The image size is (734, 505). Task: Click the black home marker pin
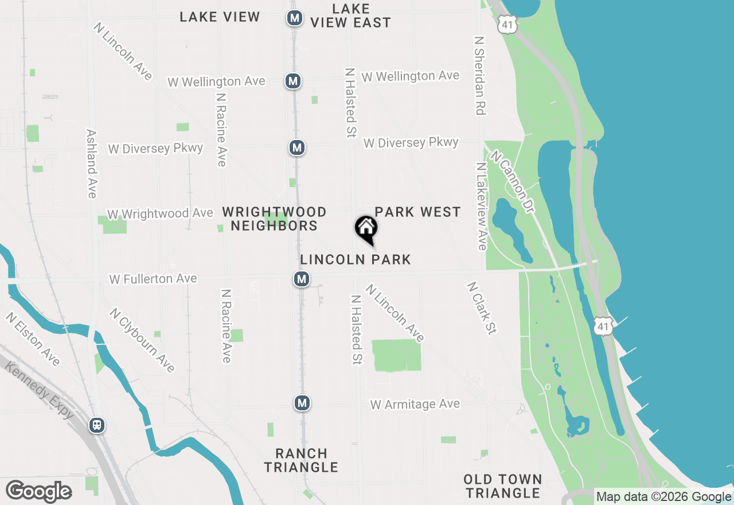[366, 228]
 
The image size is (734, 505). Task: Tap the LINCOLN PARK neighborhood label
[356, 259]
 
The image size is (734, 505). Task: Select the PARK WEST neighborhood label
[417, 212]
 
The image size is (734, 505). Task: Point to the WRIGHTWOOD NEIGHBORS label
[274, 219]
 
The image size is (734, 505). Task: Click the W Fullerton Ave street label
[153, 279]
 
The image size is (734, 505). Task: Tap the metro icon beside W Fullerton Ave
[302, 279]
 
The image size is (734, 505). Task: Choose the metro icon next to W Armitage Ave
[302, 403]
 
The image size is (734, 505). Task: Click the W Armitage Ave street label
[415, 404]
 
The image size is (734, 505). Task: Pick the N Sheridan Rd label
[480, 76]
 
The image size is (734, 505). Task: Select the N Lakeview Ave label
[481, 207]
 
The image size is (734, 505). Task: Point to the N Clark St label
[482, 308]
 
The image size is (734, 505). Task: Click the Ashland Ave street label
[92, 164]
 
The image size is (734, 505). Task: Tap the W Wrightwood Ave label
[160, 213]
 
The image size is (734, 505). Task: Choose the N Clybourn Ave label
[142, 340]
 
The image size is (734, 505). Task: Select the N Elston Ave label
[33, 339]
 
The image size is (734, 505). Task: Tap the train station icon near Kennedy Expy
[97, 425]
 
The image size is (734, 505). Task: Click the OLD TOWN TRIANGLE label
[502, 486]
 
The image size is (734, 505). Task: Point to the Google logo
[39, 492]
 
